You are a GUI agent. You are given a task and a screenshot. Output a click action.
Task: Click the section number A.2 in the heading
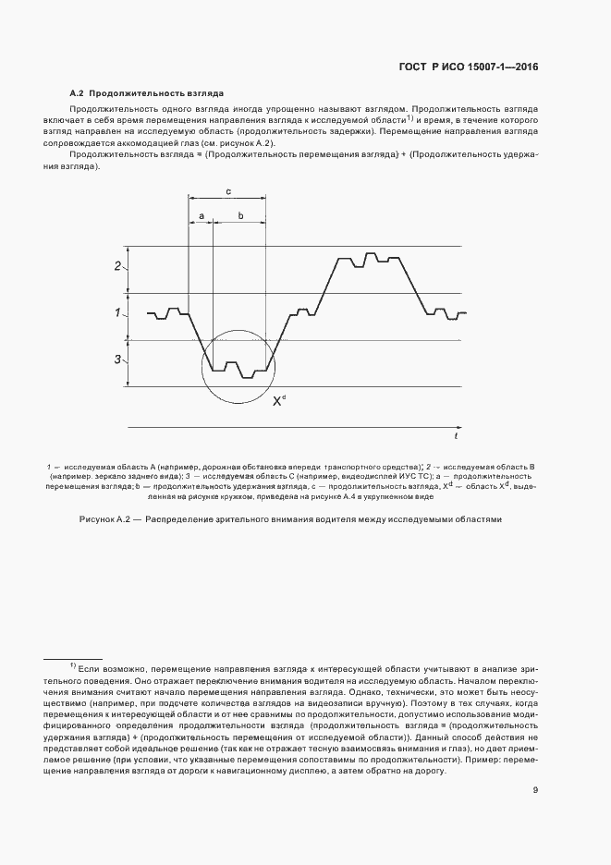pos(78,93)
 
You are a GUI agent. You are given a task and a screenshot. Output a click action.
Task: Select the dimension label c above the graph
pos(227,190)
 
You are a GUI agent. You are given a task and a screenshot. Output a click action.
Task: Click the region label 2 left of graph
pos(117,267)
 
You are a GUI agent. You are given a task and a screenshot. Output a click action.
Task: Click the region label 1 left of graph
pos(117,313)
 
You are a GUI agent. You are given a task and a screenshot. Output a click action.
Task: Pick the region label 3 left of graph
pos(117,359)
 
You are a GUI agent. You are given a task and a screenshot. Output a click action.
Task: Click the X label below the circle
pos(277,402)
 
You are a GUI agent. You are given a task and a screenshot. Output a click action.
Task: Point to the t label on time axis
pos(456,433)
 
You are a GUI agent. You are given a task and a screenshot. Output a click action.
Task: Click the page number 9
pos(536,790)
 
